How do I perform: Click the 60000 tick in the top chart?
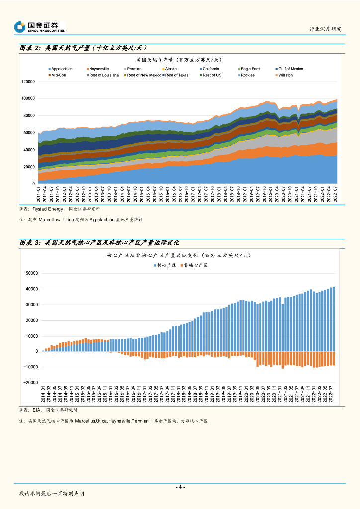click(29, 133)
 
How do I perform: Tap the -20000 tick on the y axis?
click(31, 383)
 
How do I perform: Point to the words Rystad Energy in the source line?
click(47, 209)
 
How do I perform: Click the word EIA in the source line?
click(36, 410)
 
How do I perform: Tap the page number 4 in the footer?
click(180, 487)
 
